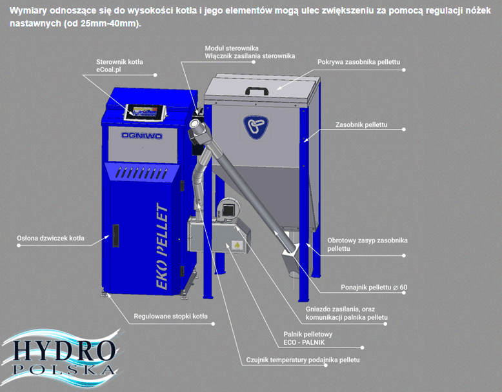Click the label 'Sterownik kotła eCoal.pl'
coord(120,66)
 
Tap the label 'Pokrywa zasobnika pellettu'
coord(359,62)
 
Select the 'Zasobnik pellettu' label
coord(361,124)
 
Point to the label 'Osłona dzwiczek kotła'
coord(50,238)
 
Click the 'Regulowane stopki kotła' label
coord(170,316)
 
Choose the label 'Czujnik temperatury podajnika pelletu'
coord(303,360)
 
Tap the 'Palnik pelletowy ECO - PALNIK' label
coord(308,338)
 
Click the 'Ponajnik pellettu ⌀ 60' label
coord(374,288)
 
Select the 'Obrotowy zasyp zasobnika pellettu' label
coord(367,244)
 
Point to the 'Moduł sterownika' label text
coord(232,48)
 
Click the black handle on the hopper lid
coord(256,90)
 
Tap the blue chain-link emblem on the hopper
coord(256,127)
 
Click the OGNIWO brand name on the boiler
coord(142,135)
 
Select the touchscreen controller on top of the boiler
coord(145,113)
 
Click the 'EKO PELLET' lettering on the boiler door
coord(162,246)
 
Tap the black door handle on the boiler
coord(115,235)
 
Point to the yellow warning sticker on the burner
coord(237,245)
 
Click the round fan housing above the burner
coord(228,210)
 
